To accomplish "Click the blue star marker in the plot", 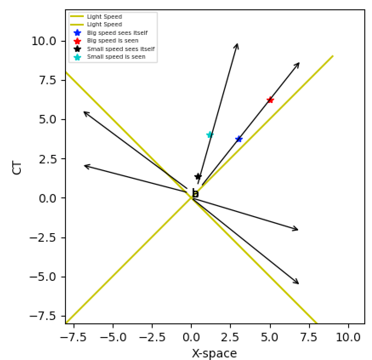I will click(x=239, y=139).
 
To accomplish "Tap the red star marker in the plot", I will click(x=270, y=100).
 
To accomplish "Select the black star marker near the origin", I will click(x=198, y=176).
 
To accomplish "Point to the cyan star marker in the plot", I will click(x=210, y=134).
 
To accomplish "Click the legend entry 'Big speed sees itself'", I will click(x=117, y=32).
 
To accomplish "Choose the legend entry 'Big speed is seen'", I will click(x=113, y=40).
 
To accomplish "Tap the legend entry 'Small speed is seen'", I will click(x=116, y=57).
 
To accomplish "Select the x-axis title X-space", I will click(x=215, y=353).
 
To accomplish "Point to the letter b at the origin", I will click(x=195, y=193).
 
